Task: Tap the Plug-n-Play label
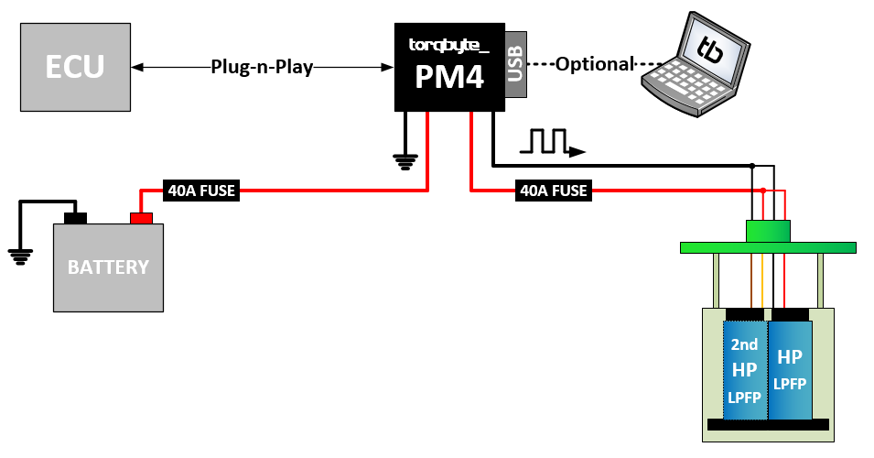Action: (262, 66)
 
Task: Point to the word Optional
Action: (595, 64)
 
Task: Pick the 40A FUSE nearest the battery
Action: (200, 191)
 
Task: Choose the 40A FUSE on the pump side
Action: (554, 191)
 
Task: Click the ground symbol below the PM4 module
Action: (404, 162)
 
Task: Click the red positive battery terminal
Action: (141, 218)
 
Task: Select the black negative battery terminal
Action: (74, 218)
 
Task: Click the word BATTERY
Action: (108, 267)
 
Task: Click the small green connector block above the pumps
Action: (768, 232)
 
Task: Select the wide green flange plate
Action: (768, 247)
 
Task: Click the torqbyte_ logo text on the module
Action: (448, 43)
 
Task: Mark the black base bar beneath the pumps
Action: (768, 424)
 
